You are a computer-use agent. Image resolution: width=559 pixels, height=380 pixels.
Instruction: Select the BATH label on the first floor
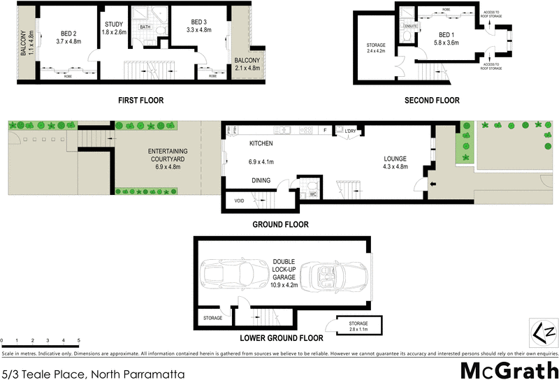pyautogui.click(x=145, y=27)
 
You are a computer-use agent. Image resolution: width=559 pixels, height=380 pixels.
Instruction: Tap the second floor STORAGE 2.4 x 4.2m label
pyautogui.click(x=376, y=47)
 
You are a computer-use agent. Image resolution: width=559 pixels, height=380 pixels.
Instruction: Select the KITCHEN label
pyautogui.click(x=261, y=144)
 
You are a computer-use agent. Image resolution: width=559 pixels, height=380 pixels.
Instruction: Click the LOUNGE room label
pyautogui.click(x=395, y=158)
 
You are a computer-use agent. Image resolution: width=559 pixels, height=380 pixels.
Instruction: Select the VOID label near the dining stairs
pyautogui.click(x=240, y=202)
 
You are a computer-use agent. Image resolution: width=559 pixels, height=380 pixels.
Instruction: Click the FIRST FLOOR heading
pyautogui.click(x=140, y=101)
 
